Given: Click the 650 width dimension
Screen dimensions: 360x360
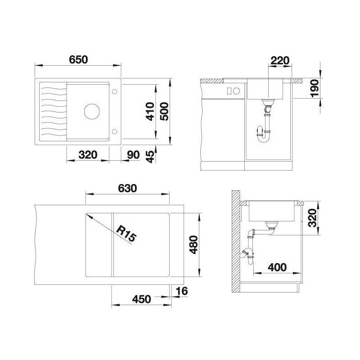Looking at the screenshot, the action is [x=78, y=60].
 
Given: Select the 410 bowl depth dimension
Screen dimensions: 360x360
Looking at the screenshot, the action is [x=150, y=112].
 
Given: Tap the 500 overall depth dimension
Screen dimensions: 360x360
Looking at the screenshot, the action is [x=164, y=112].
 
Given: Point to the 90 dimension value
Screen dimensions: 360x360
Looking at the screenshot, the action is [x=133, y=155].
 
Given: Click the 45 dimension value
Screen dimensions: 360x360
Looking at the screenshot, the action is [x=150, y=157].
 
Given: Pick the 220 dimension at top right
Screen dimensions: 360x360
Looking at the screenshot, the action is [x=280, y=61].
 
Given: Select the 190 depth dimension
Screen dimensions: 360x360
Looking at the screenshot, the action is [x=315, y=88].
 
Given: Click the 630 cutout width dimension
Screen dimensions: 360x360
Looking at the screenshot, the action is [x=127, y=188].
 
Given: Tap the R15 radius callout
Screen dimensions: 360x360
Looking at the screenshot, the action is [x=126, y=234].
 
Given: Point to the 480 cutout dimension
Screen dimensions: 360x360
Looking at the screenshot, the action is [x=193, y=245].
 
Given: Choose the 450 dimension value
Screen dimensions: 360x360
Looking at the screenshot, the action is [x=141, y=299].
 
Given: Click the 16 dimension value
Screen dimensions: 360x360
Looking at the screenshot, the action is [x=182, y=291].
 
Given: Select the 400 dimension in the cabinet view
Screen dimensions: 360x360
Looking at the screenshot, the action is [x=277, y=267].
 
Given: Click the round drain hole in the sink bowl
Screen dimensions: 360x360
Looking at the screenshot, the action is [x=92, y=111].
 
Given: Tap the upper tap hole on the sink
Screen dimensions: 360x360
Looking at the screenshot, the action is [x=114, y=91].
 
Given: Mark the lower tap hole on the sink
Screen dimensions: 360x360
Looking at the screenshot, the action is [x=114, y=131].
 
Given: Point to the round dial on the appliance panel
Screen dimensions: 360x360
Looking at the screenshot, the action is [x=236, y=91].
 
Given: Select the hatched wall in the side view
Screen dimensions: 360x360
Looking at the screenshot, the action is [x=236, y=241].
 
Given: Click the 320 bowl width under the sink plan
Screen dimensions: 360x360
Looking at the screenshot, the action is [x=88, y=155].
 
